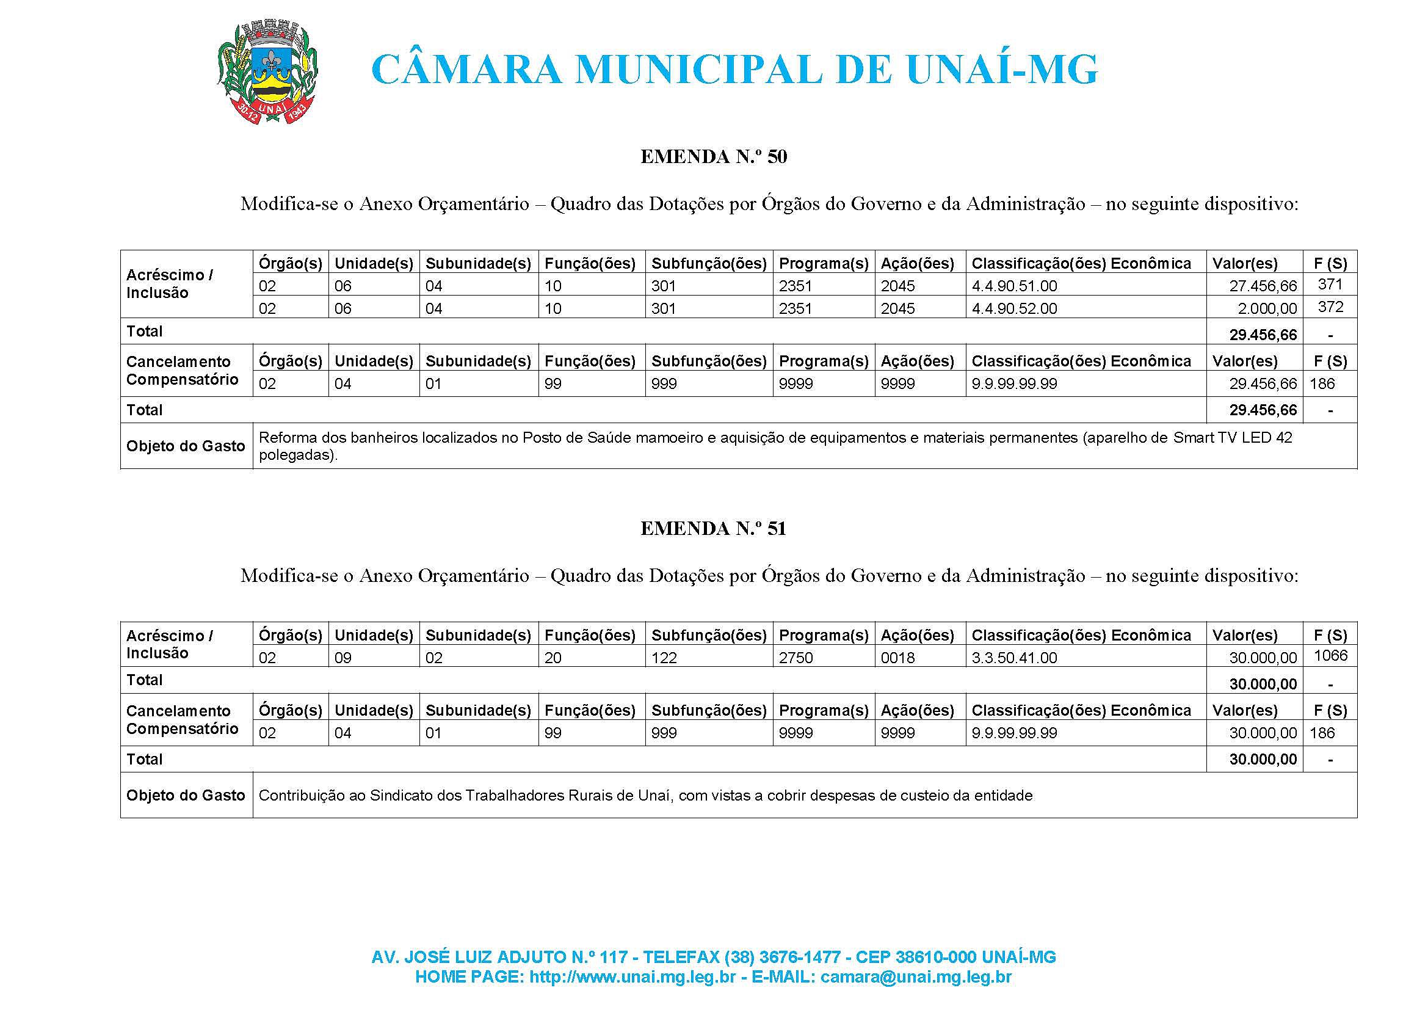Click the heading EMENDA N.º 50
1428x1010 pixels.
[713, 157]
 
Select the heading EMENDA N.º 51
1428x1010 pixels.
[713, 529]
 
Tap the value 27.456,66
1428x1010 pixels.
[1263, 286]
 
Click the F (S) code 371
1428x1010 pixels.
[1330, 285]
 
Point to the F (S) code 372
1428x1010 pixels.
[1330, 307]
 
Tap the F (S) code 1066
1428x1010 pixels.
[1330, 655]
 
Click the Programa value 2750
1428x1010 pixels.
[796, 658]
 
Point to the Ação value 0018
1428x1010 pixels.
[897, 658]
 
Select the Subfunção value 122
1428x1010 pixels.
[664, 658]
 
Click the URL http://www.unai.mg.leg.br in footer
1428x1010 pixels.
[632, 977]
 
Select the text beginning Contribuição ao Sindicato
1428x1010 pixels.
[645, 796]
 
